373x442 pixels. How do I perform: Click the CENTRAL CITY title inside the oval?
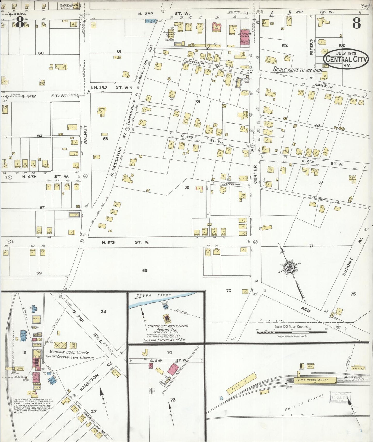[x=346, y=59]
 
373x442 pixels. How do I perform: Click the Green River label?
[x=153, y=295]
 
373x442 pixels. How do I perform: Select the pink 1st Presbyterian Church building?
[x=243, y=37]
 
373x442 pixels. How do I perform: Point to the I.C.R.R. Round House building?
[x=315, y=380]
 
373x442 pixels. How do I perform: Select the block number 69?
[x=145, y=270]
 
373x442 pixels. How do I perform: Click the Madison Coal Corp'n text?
[x=69, y=352]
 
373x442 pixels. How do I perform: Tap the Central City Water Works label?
[x=168, y=326]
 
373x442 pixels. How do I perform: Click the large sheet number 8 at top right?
[x=356, y=24]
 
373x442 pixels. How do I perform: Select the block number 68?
[x=187, y=187]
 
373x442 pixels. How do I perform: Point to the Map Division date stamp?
[x=339, y=397]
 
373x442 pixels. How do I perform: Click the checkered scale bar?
[x=292, y=332]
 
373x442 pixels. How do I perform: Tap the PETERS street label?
[x=311, y=47]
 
